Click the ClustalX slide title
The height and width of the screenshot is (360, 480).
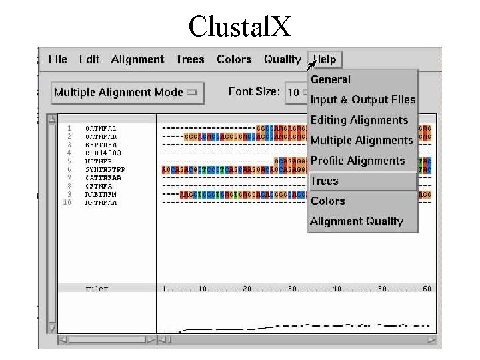[239, 26]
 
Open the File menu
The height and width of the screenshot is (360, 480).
[58, 59]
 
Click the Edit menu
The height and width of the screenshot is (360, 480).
[89, 59]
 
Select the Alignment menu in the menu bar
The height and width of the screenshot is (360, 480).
[137, 59]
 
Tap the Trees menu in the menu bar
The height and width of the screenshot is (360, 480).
[190, 59]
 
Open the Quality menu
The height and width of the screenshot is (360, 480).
[283, 59]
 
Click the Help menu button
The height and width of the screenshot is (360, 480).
[325, 59]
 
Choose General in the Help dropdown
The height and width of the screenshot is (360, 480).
[331, 79]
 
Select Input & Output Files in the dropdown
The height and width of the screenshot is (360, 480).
[363, 100]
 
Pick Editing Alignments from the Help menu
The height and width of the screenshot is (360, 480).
[359, 120]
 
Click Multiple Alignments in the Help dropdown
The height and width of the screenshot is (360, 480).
[362, 140]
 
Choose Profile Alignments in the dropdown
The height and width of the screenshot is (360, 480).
[358, 161]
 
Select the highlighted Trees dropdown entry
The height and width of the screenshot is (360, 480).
[325, 181]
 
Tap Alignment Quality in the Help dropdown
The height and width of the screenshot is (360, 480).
[357, 221]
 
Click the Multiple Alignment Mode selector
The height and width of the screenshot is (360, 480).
[127, 92]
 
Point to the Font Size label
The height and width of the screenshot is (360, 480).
[254, 91]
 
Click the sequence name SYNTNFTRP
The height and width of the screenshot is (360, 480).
[105, 170]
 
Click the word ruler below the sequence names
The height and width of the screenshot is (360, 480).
[97, 289]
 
